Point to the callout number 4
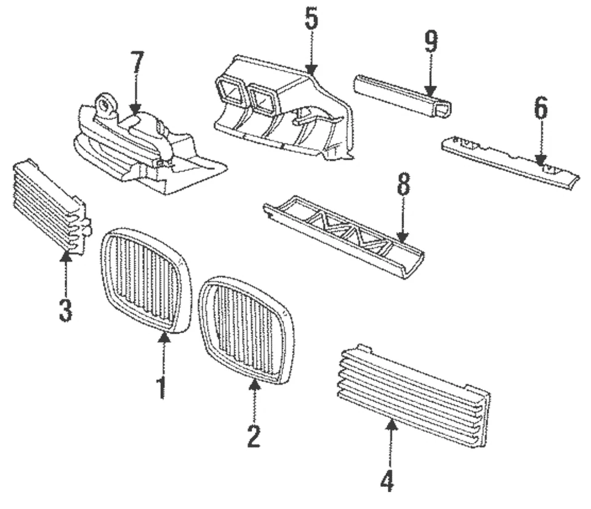pos(387,479)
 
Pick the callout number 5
pos(312,20)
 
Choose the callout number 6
pos(540,109)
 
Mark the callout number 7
pos(136,63)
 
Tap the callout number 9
pos(430,42)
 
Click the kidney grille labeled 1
pos(145,280)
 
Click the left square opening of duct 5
pos(231,93)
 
